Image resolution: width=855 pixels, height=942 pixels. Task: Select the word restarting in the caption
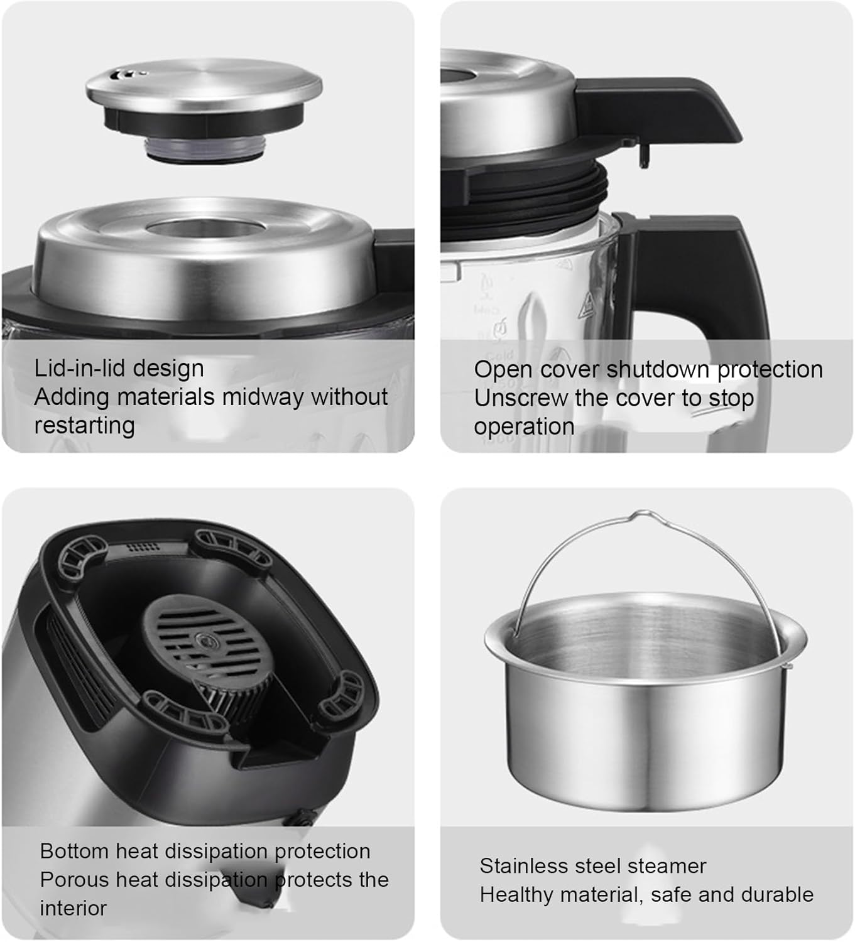84,425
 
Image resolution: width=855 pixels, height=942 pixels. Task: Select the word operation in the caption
524,426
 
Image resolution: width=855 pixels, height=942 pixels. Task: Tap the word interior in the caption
73,908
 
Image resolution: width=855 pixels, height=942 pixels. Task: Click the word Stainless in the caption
520,866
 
